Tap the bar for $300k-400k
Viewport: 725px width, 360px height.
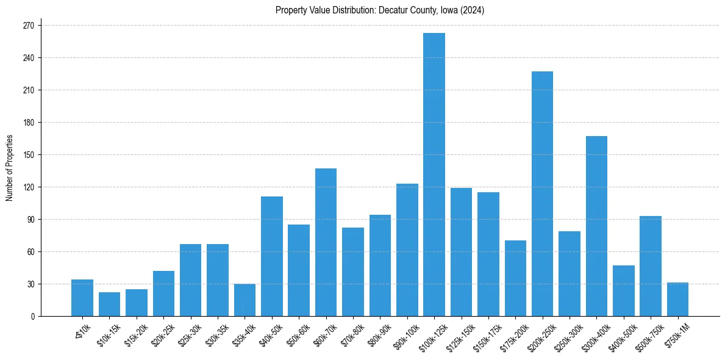click(596, 226)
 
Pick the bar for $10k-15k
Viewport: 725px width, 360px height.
click(109, 304)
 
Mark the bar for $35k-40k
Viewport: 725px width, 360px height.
click(245, 300)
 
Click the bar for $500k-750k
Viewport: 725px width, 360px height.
click(651, 266)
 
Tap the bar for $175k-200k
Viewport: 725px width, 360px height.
click(515, 278)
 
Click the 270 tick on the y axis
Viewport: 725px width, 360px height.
click(29, 26)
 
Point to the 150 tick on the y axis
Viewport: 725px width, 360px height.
click(29, 155)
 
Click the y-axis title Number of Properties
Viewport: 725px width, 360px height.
click(10, 167)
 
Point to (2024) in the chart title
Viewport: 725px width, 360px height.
click(473, 10)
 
